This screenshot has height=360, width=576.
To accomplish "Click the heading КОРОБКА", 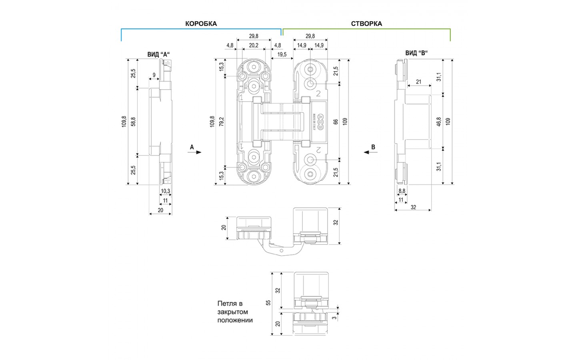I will pyautogui.click(x=201, y=24).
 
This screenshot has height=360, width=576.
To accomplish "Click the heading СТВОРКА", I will pyautogui.click(x=366, y=24).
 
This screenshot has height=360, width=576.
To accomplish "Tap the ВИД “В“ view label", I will pyautogui.click(x=417, y=53).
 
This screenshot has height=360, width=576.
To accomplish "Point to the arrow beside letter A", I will pyautogui.click(x=197, y=152).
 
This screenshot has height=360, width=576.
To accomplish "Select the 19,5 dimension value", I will pyautogui.click(x=282, y=54).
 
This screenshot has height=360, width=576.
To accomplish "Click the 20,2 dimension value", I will pyautogui.click(x=254, y=45).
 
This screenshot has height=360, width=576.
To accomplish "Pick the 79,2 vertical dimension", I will pyautogui.click(x=222, y=121).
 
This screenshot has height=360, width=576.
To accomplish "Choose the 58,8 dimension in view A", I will pyautogui.click(x=133, y=121).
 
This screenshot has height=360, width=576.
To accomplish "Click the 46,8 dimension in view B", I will pyautogui.click(x=439, y=122).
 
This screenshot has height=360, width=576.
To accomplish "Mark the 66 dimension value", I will pyautogui.click(x=336, y=121).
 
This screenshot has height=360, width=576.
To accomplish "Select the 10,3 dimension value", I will pyautogui.click(x=165, y=191).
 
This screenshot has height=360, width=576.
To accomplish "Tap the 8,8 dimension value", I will pyautogui.click(x=402, y=191).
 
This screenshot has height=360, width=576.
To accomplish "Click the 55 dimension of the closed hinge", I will pyautogui.click(x=268, y=303).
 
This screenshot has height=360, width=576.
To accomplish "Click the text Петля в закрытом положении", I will pyautogui.click(x=235, y=312).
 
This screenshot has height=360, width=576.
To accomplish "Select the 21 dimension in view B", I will pyautogui.click(x=418, y=82).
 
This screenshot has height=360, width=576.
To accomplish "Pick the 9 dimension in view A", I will pyautogui.click(x=154, y=75).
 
